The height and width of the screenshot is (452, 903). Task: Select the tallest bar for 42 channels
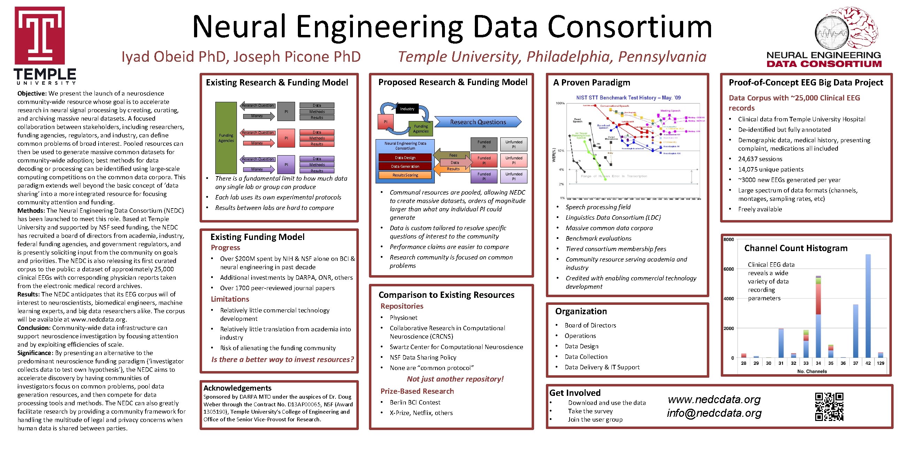(x=868, y=305)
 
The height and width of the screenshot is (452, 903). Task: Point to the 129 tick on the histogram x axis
(x=880, y=363)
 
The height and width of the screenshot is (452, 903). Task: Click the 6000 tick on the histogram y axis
(x=728, y=269)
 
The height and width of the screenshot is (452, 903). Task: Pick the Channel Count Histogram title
(x=796, y=248)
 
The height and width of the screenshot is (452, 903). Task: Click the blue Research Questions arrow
(x=478, y=122)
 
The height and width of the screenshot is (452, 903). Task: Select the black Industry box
(x=407, y=109)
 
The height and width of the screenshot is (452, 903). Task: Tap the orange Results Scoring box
(x=405, y=175)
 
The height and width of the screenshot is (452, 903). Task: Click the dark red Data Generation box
(x=405, y=166)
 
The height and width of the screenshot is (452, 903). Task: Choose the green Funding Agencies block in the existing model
(x=226, y=137)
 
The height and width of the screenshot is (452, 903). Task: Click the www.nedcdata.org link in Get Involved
(x=714, y=399)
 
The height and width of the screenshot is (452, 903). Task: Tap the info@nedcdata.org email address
(x=714, y=413)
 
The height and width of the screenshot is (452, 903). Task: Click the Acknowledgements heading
(x=237, y=388)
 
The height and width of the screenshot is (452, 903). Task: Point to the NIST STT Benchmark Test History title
(x=628, y=98)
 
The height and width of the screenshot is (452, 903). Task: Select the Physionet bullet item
(x=403, y=318)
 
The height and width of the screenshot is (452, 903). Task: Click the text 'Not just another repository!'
(x=455, y=379)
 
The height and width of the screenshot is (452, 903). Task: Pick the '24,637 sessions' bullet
(x=760, y=159)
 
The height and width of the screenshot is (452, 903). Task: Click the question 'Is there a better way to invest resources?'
(x=283, y=359)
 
